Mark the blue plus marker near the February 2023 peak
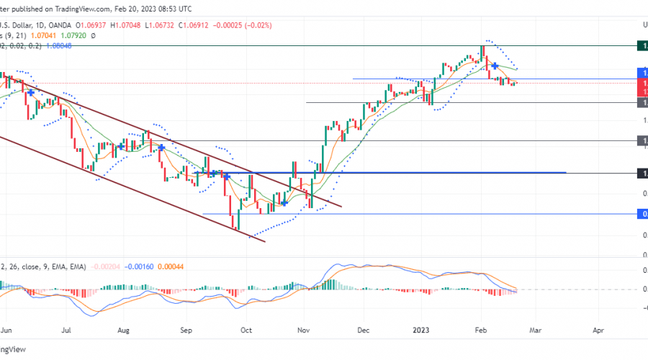click(495, 66)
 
